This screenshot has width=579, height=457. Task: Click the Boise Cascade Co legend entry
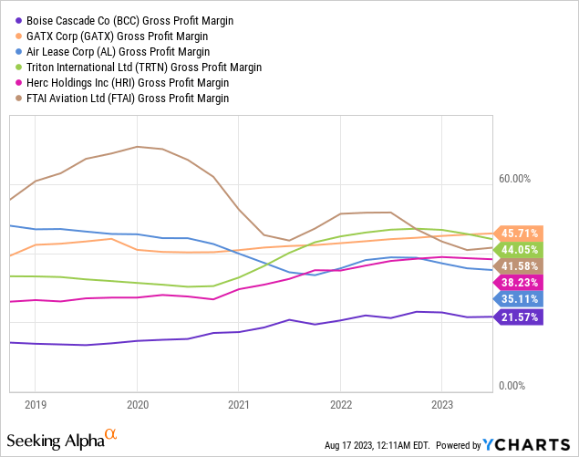(x=124, y=21)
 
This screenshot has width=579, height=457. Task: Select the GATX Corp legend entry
(x=111, y=36)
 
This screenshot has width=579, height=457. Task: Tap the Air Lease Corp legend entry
(x=113, y=52)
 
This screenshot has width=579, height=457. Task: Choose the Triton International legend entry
(x=139, y=68)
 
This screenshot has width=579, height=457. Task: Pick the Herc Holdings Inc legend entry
(x=122, y=83)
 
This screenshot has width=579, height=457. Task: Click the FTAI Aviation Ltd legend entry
(x=122, y=99)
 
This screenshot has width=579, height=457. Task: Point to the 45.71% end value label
(x=518, y=234)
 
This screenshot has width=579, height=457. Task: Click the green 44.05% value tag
(x=518, y=250)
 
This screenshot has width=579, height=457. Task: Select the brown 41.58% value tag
(x=518, y=266)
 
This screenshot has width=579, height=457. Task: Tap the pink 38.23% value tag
(x=518, y=283)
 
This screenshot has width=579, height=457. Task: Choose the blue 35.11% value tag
(x=518, y=299)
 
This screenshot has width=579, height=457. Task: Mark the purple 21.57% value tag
(x=518, y=317)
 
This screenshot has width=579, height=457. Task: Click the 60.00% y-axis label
(x=515, y=179)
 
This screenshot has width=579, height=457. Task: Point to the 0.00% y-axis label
(x=512, y=386)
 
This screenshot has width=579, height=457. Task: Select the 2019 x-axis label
(x=36, y=405)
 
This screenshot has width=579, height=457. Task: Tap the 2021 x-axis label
(x=239, y=405)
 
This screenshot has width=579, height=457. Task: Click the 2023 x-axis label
(x=442, y=405)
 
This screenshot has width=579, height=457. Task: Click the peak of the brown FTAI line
(x=137, y=147)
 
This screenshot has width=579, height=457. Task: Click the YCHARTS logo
(x=526, y=445)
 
